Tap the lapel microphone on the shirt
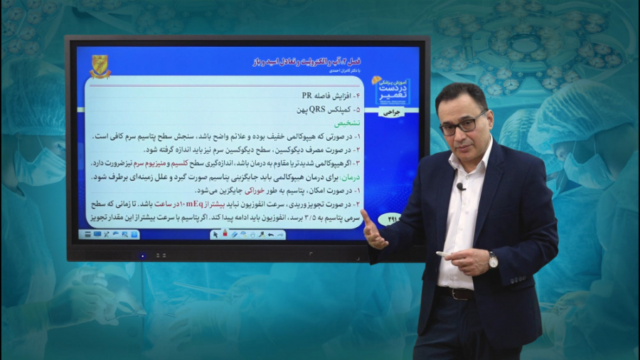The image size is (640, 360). click(461, 186)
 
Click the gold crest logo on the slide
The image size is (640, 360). click(100, 66)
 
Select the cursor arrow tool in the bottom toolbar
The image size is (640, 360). click(215, 234)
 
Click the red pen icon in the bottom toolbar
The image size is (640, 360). click(225, 233)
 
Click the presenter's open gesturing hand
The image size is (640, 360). click(373, 231)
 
